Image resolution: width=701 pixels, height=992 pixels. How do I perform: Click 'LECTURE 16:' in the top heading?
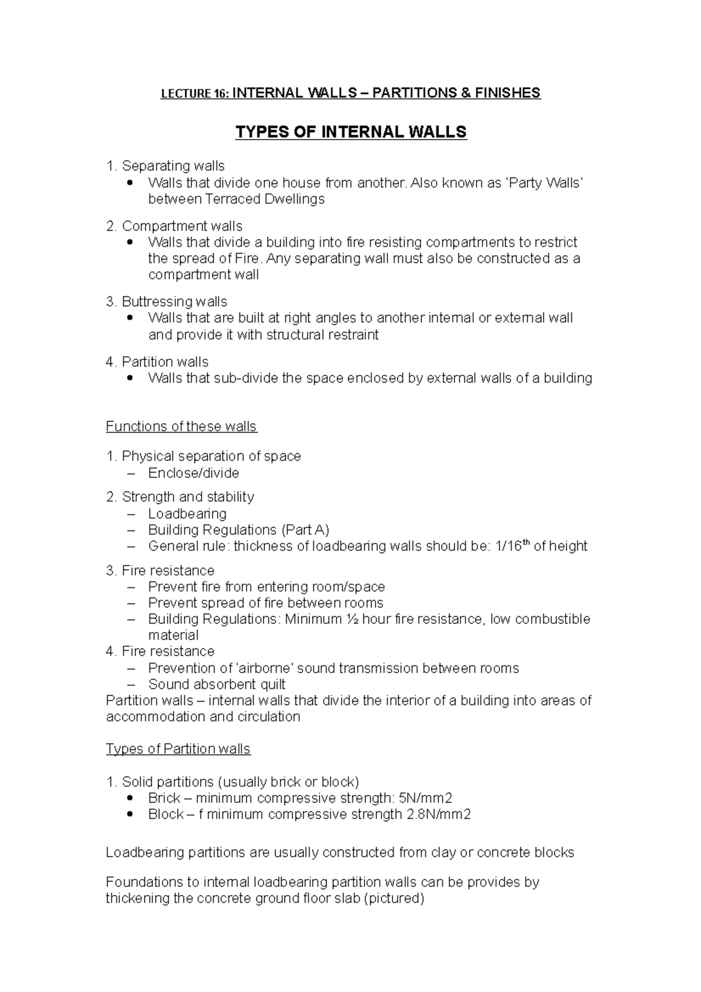click(x=196, y=93)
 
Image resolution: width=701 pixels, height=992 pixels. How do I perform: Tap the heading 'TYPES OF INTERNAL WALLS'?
click(x=350, y=132)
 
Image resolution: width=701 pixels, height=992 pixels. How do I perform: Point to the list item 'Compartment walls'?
click(x=182, y=226)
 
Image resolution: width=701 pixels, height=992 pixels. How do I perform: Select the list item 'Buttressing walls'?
click(x=174, y=301)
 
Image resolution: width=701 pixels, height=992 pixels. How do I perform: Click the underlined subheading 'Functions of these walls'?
click(x=181, y=426)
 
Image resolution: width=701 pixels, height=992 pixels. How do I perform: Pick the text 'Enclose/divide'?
click(x=193, y=473)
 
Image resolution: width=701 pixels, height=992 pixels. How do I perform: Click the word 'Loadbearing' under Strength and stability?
click(x=187, y=514)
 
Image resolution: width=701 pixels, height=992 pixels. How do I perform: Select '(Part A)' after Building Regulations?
click(x=305, y=530)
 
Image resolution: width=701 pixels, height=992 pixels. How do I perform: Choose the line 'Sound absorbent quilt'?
click(x=217, y=684)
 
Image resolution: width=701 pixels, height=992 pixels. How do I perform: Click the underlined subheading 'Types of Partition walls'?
click(x=178, y=749)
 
